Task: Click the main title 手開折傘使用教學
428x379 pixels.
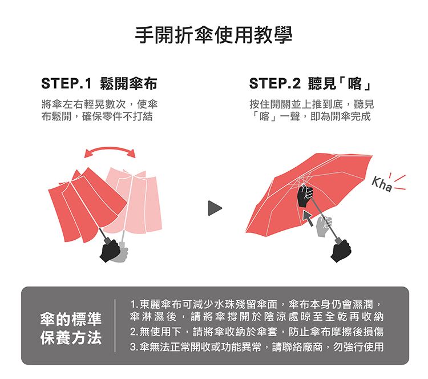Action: pos(214,35)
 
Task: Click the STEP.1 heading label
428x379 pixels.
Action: pos(66,83)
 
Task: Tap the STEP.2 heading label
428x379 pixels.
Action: pos(274,83)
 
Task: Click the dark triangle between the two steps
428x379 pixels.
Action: pos(215,208)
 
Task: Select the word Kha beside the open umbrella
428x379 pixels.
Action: pos(382,184)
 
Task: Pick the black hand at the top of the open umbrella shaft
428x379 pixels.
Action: pos(305,195)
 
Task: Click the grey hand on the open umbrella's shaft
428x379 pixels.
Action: pos(324,226)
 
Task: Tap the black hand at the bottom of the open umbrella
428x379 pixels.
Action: pos(341,251)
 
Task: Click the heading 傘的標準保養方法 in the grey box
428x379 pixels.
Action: pos(71,328)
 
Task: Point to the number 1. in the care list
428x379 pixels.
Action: pos(134,304)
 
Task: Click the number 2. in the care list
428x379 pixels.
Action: pos(134,332)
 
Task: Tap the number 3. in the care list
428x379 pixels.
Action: pos(134,348)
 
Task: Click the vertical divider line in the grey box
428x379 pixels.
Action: pos(115,325)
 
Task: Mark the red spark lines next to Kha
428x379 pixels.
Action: pos(398,182)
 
